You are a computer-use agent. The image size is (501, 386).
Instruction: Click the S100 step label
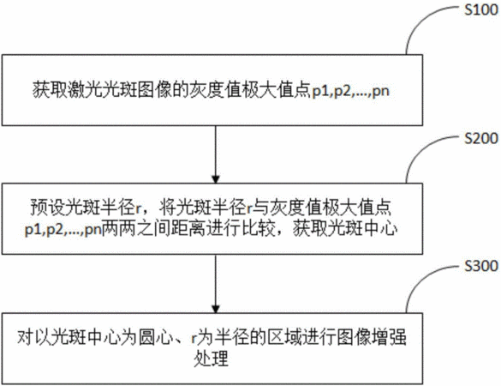pyautogui.click(x=480, y=10)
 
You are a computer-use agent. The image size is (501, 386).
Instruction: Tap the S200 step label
pyautogui.click(x=480, y=138)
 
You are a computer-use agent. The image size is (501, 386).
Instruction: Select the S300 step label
pyautogui.click(x=480, y=266)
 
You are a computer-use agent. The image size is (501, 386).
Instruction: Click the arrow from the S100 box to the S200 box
pyautogui.click(x=215, y=154)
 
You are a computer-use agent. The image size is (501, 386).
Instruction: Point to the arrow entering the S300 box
pyautogui.click(x=215, y=284)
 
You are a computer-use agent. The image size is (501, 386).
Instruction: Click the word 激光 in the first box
pyautogui.click(x=85, y=91)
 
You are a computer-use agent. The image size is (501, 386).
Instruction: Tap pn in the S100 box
pyautogui.click(x=381, y=92)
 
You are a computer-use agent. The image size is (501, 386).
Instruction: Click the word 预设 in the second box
pyautogui.click(x=48, y=208)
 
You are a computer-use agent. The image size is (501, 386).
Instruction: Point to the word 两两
pyautogui.click(x=119, y=229)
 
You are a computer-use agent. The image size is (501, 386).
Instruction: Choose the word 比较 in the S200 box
pyautogui.click(x=258, y=229)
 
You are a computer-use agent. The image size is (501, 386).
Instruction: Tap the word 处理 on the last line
pyautogui.click(x=212, y=359)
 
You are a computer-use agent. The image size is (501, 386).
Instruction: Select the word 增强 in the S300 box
pyautogui.click(x=390, y=337)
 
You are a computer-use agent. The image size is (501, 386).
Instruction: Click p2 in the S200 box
pyautogui.click(x=55, y=230)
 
